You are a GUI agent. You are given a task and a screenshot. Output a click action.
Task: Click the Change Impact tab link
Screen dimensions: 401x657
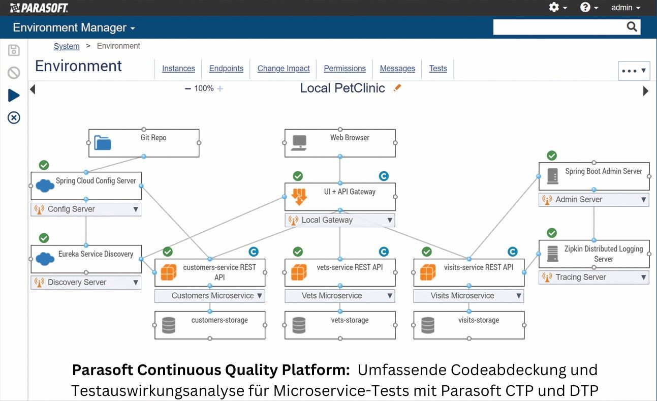click(x=284, y=69)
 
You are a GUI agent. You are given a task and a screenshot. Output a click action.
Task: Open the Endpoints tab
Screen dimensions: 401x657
click(x=226, y=69)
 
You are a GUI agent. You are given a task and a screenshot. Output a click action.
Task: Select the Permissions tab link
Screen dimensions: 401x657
click(x=345, y=69)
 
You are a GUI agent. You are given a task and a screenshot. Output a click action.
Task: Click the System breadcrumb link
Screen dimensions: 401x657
click(x=67, y=46)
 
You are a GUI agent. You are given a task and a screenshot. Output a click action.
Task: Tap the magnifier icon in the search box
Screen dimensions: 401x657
click(x=632, y=27)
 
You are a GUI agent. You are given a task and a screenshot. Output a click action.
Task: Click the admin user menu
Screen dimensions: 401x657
click(x=625, y=8)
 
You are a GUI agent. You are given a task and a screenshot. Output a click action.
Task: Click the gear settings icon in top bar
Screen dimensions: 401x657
click(x=554, y=8)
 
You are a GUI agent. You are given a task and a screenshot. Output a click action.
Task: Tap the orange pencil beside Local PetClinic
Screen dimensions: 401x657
click(x=397, y=88)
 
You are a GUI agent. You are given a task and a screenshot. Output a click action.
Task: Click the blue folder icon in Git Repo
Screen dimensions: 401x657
click(x=103, y=143)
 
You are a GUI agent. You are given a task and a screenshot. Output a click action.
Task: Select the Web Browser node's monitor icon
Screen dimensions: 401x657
click(x=299, y=143)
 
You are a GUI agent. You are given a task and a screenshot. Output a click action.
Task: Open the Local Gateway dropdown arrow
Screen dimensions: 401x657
click(x=390, y=220)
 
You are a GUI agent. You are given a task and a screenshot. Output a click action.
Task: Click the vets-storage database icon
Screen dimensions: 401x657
click(x=299, y=325)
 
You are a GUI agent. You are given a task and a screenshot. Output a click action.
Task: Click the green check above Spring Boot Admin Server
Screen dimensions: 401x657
click(x=552, y=156)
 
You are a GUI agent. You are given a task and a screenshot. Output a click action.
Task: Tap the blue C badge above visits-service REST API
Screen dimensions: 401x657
click(x=513, y=252)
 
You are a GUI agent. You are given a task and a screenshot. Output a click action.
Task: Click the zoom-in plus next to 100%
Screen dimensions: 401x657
click(x=220, y=89)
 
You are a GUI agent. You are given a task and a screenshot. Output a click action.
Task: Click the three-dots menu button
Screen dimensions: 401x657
click(x=634, y=71)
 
